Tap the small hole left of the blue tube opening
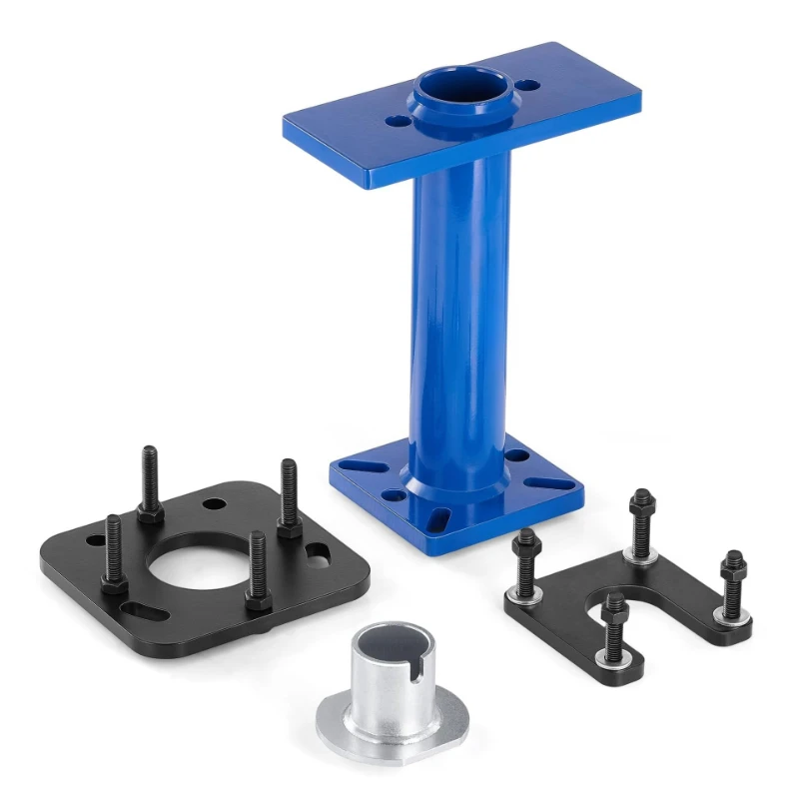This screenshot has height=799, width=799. pos(399,121)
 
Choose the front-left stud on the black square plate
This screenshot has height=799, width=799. pos(113,554)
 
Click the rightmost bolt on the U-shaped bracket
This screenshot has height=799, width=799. pos(733,584)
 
